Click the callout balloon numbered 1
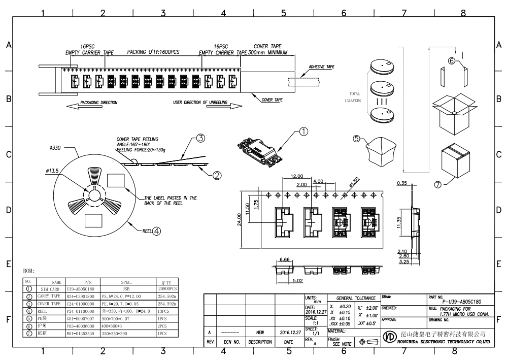pos(304,132)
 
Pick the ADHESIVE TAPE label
pos(322,67)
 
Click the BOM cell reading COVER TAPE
pos(49,303)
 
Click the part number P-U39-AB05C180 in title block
pos(455,301)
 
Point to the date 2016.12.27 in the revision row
pos(289,332)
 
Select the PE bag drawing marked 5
pos(381,151)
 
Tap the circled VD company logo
pos(390,338)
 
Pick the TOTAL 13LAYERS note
pos(354,97)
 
